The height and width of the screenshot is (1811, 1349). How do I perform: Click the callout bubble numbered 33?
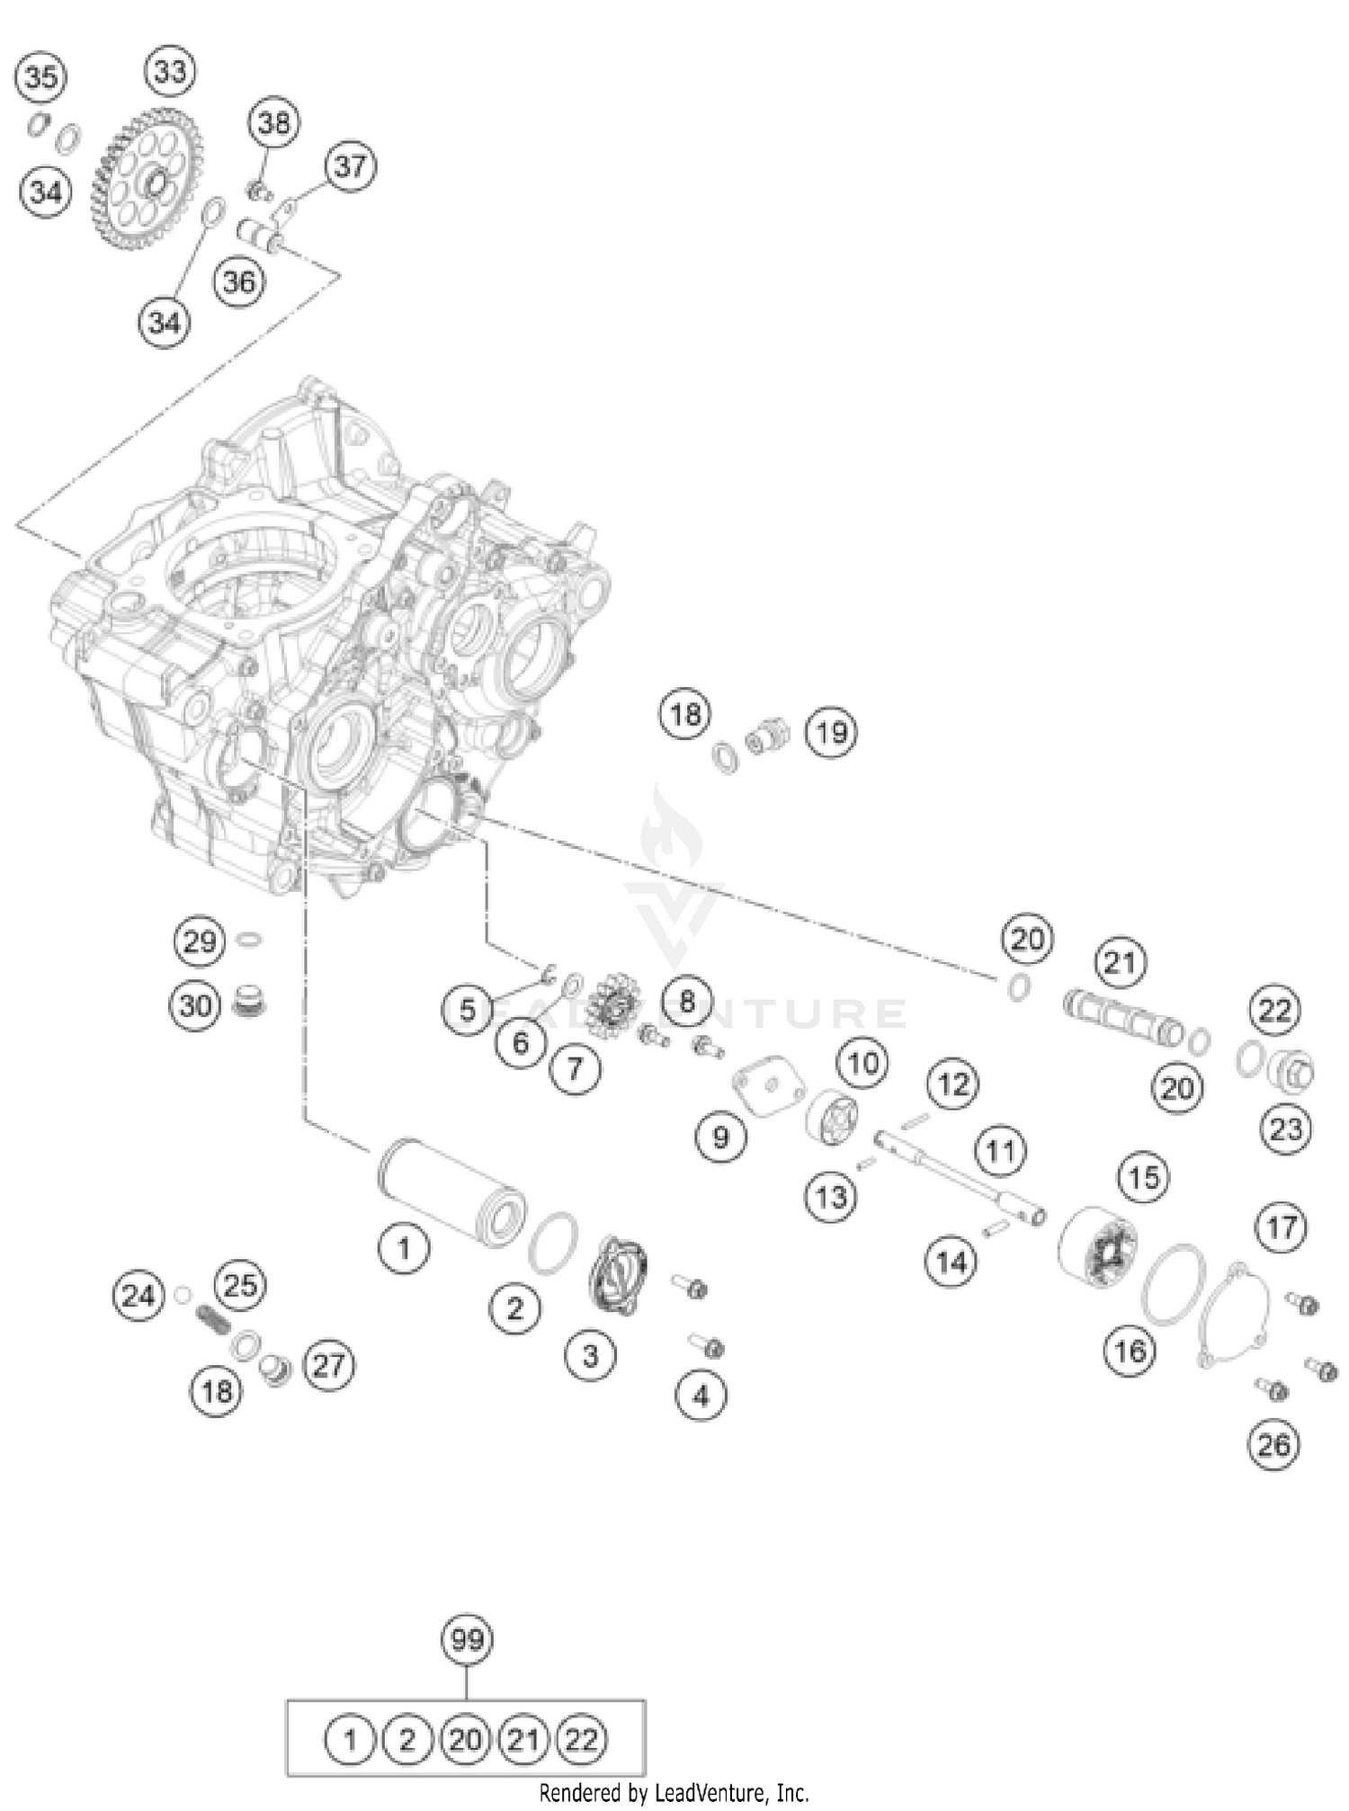coord(170,71)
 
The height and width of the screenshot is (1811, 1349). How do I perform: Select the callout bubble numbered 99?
coord(467,1640)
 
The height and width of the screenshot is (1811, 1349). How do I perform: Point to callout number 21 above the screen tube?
coord(1120,963)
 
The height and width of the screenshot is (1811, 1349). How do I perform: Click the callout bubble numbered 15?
coord(1144,1176)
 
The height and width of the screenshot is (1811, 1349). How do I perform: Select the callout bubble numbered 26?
coord(1274,1445)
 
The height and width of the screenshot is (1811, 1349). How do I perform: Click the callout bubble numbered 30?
coord(195,1005)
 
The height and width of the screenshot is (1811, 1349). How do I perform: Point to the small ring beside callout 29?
coord(250,941)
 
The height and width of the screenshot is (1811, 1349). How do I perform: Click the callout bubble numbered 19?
coord(831,732)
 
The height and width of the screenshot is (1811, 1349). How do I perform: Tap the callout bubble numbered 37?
coord(351,166)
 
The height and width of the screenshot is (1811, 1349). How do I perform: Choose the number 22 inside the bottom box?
coord(582,1740)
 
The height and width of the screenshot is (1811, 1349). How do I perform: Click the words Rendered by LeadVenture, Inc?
coord(674,1793)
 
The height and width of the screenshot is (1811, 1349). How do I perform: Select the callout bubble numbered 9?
coord(721,1137)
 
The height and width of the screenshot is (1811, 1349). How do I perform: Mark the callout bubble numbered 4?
coord(701,1396)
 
